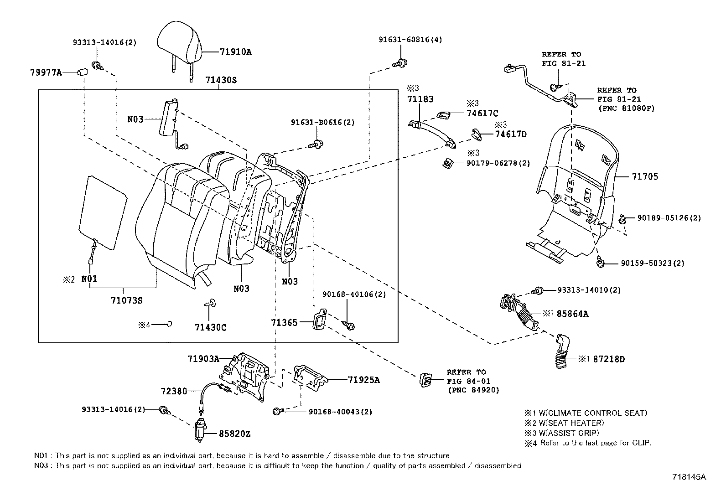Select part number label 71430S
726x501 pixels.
221,80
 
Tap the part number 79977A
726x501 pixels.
46,72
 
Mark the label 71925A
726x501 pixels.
363,379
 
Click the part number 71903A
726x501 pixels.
203,359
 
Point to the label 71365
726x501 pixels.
284,322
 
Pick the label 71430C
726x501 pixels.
210,327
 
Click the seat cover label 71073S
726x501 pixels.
126,300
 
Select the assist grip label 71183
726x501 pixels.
420,99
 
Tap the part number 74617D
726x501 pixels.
510,134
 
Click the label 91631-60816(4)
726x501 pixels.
410,40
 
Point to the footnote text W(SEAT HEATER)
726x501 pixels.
571,423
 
